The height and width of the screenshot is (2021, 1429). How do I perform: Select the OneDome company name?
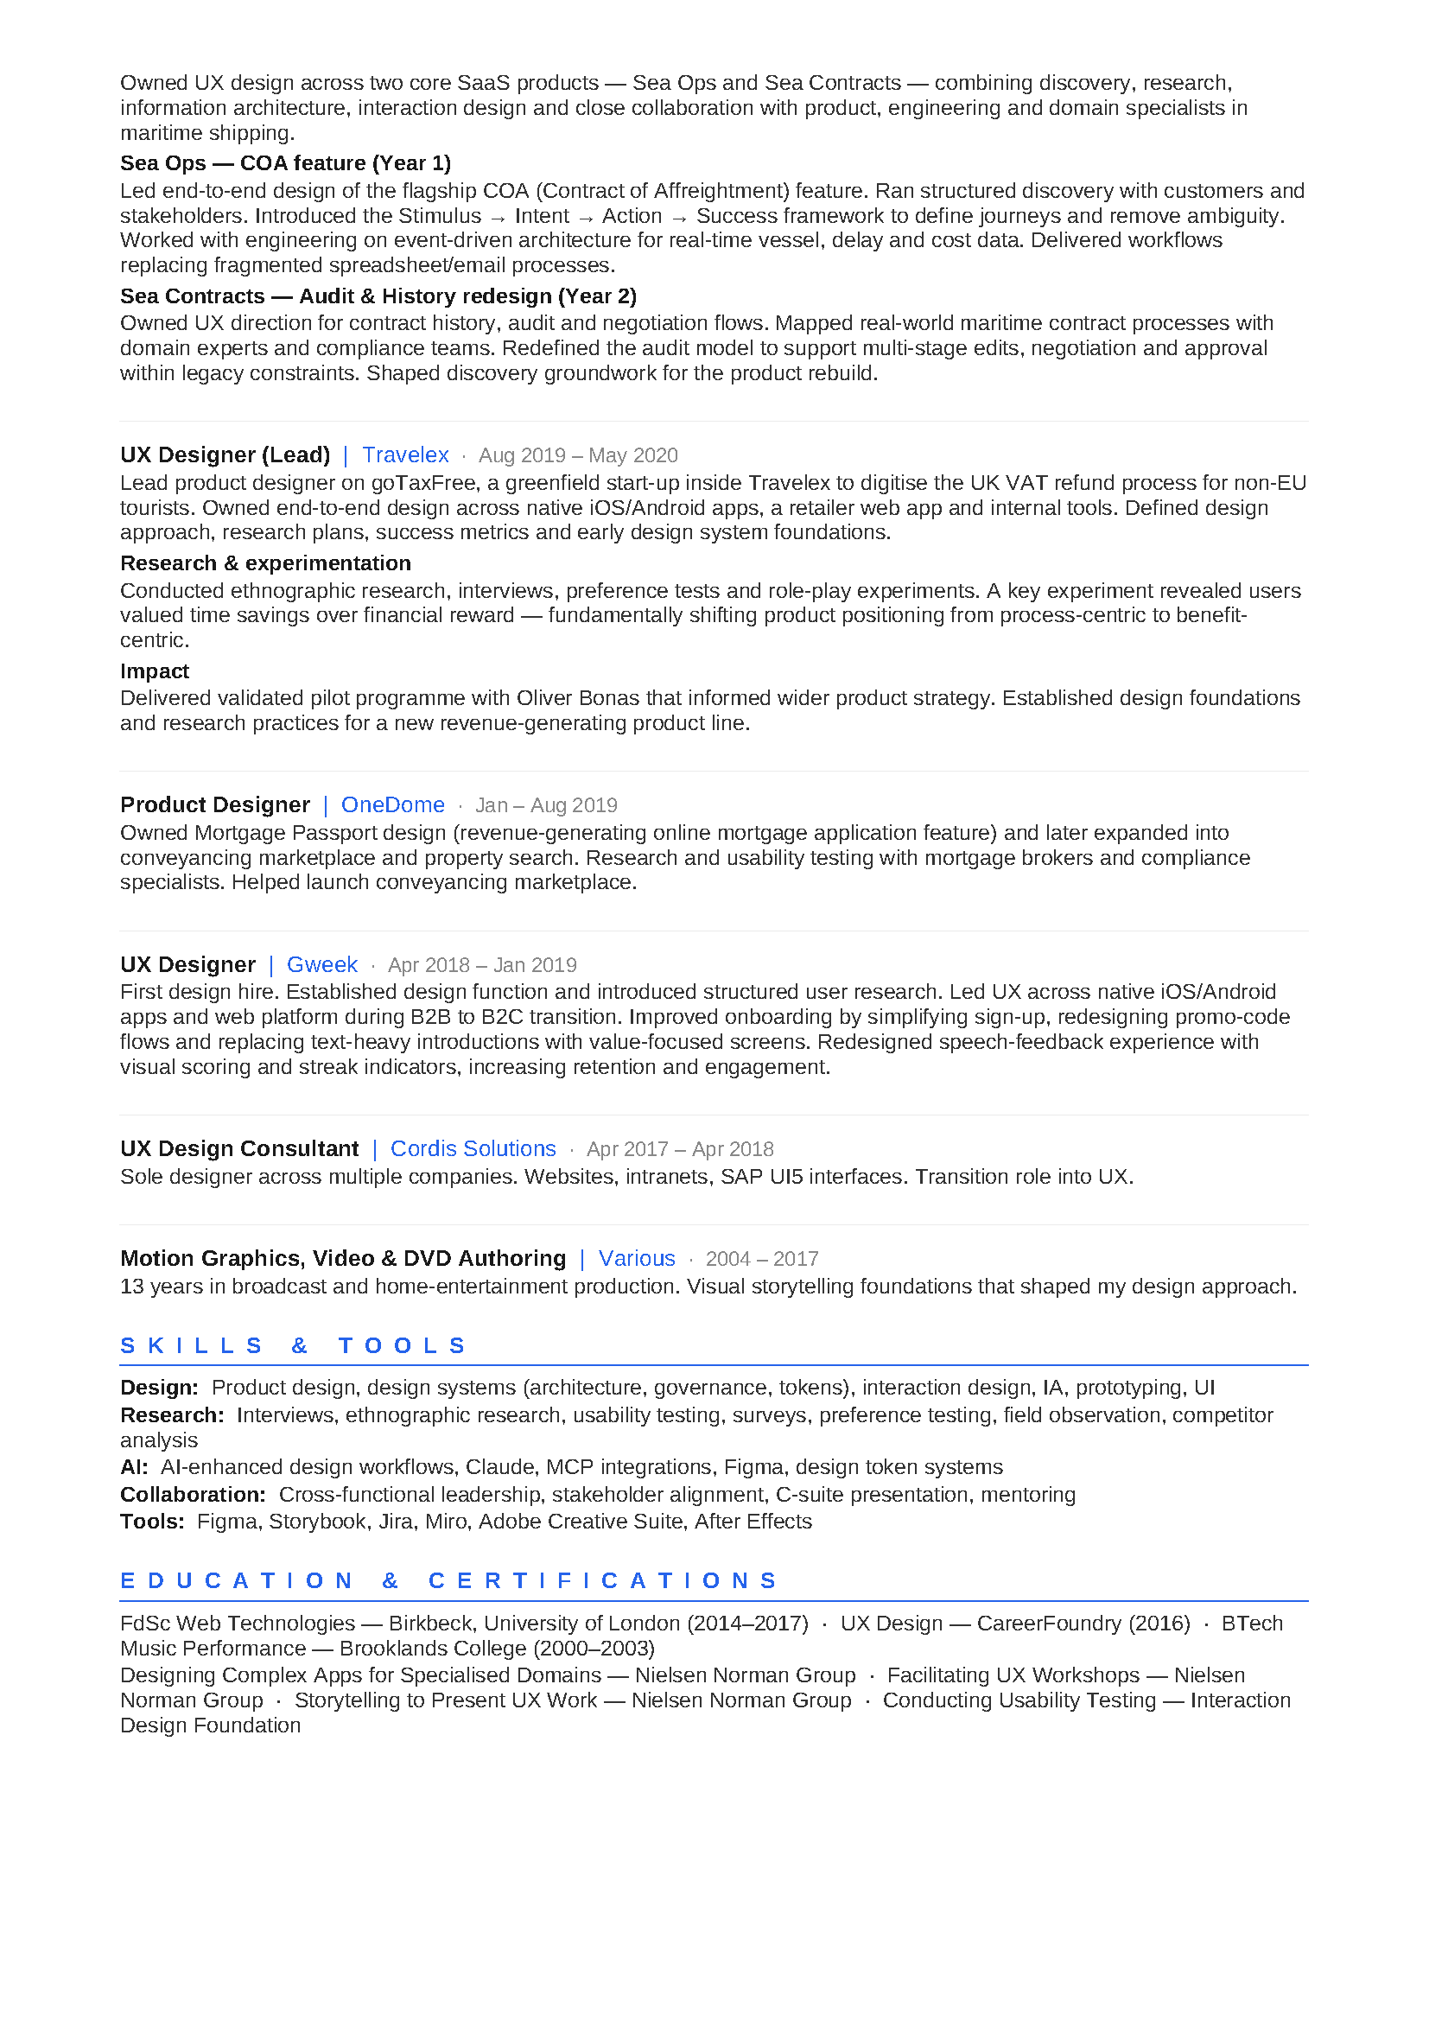tap(392, 805)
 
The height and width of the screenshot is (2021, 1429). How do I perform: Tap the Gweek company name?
tap(322, 965)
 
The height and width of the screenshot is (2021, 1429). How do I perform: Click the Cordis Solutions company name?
tap(473, 1148)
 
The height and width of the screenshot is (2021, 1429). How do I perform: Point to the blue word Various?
tap(636, 1259)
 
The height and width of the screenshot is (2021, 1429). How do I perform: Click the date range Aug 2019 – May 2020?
tap(578, 456)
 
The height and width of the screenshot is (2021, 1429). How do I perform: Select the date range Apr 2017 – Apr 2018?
tap(680, 1149)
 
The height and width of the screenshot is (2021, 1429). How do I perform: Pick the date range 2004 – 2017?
tap(762, 1260)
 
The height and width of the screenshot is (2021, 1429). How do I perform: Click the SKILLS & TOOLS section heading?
tap(293, 1346)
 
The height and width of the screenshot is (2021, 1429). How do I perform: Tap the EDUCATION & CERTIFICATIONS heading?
tap(448, 1581)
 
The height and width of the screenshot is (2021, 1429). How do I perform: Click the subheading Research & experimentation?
tap(266, 563)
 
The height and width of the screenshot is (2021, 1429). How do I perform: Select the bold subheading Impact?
tap(155, 671)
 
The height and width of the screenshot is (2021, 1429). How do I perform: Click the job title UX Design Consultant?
tap(239, 1148)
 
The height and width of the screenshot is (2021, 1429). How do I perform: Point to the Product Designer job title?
tap(215, 805)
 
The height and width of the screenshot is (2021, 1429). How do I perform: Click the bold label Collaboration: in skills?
tap(193, 1495)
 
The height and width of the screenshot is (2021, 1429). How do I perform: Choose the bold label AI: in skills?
tap(134, 1467)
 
